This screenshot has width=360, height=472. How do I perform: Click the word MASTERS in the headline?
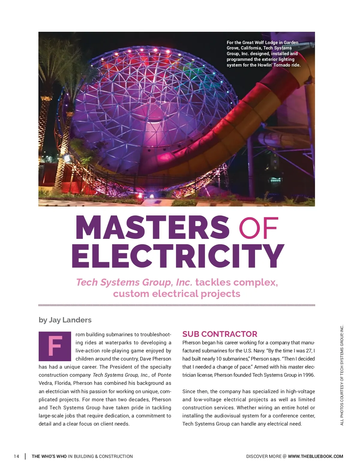[x=152, y=227]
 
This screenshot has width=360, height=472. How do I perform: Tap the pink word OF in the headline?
[x=259, y=227]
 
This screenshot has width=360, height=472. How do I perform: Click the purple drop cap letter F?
[x=55, y=346]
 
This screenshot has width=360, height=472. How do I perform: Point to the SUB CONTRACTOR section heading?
[x=220, y=334]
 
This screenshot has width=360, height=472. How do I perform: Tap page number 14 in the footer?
[x=16, y=456]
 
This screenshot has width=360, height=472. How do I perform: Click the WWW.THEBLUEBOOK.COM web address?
[x=315, y=456]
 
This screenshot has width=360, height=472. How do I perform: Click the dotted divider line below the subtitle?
[x=177, y=305]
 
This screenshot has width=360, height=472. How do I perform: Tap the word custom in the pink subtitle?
[x=131, y=294]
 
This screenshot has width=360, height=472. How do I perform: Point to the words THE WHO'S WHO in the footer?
[x=49, y=456]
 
